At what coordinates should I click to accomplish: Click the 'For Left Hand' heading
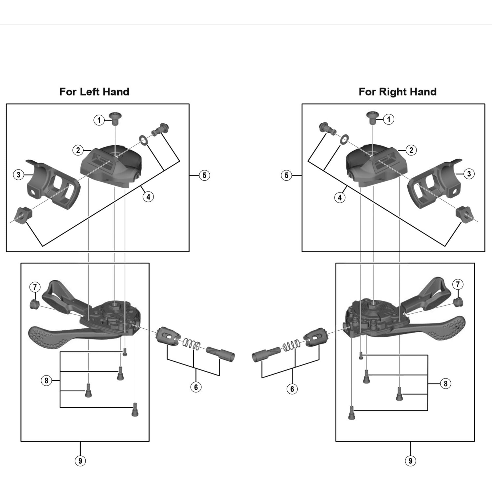94,92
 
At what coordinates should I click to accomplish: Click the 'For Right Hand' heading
398,92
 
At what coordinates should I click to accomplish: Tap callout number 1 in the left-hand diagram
99,120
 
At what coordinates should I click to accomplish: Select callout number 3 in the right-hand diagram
469,174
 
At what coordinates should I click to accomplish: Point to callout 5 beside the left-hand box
204,175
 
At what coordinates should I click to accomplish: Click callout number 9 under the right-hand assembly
411,461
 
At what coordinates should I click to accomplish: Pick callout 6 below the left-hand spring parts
196,387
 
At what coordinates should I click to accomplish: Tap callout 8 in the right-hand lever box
446,384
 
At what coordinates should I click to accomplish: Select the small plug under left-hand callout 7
34,304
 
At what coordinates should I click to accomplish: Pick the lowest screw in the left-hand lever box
135,410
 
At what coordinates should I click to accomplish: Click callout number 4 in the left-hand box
148,197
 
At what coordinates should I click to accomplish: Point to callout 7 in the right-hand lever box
458,284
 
